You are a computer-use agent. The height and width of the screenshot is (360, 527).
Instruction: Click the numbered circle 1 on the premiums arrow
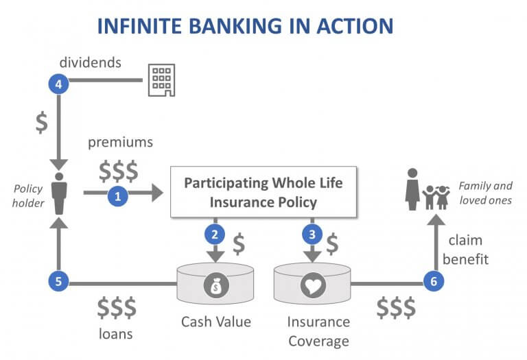pyautogui.click(x=118, y=195)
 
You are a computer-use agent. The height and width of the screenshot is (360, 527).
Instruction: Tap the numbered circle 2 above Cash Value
pyautogui.click(x=215, y=235)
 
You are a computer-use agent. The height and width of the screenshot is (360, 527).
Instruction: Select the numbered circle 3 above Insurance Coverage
pyautogui.click(x=313, y=235)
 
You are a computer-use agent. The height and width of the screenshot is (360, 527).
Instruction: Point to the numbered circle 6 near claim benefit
pyautogui.click(x=433, y=281)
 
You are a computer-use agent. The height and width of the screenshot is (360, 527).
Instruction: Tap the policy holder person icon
pyautogui.click(x=58, y=195)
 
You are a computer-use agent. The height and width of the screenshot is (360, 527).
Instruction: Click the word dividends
pyautogui.click(x=91, y=63)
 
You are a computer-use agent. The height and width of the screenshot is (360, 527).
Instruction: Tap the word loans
pyautogui.click(x=116, y=334)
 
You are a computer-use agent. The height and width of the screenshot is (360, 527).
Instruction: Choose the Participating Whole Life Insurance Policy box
pyautogui.click(x=263, y=193)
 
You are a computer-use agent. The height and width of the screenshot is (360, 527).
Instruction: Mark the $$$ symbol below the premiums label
pyautogui.click(x=118, y=169)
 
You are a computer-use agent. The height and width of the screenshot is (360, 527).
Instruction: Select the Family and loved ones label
pyautogui.click(x=485, y=193)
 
